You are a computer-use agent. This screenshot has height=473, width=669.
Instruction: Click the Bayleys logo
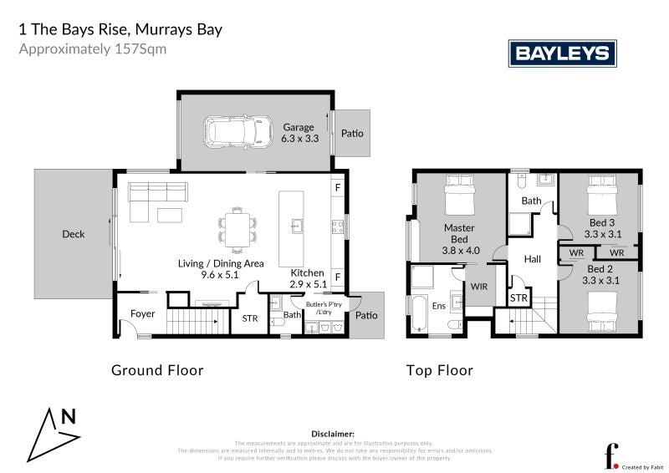(x=563, y=54)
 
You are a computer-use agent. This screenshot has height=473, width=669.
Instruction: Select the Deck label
(x=74, y=234)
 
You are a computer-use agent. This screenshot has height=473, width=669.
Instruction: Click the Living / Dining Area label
(x=221, y=268)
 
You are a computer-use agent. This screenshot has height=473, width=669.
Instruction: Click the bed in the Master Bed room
(x=458, y=198)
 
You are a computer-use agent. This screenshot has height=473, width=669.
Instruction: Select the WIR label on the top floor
(x=479, y=286)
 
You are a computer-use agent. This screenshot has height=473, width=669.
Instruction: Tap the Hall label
(x=532, y=259)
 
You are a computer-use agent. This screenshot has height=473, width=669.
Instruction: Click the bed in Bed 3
(x=602, y=198)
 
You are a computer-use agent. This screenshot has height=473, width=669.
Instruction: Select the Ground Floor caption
(x=157, y=369)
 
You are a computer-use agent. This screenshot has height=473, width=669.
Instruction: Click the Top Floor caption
(x=440, y=369)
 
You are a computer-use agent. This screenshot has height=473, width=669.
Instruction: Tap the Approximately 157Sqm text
(x=93, y=48)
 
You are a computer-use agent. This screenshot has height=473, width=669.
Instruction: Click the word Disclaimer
(x=333, y=435)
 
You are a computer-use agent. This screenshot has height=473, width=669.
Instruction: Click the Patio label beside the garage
(x=352, y=133)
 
